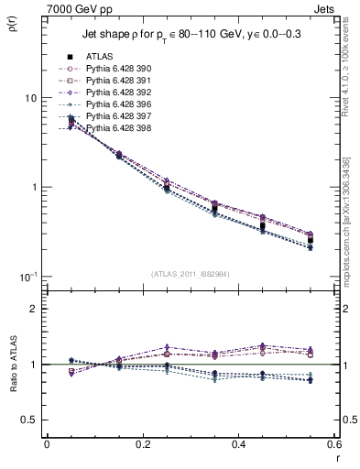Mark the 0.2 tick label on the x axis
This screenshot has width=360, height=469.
142,445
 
